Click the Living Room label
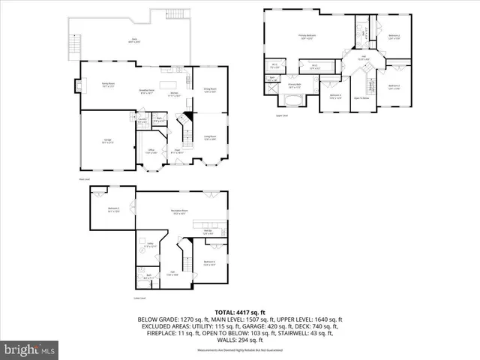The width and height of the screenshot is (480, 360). click(x=211, y=138)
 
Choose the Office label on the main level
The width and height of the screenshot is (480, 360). click(x=150, y=151)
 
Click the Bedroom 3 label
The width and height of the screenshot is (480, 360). click(x=394, y=86)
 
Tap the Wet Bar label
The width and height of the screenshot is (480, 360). click(x=207, y=231)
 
